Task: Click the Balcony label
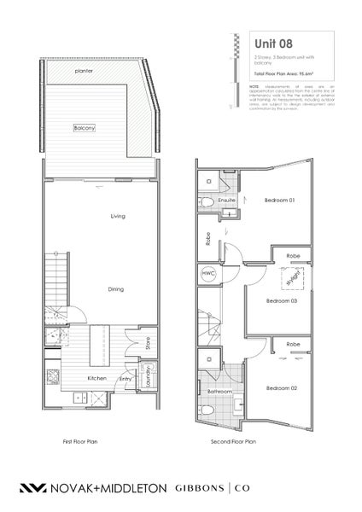point(84,127)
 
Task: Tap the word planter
point(83,71)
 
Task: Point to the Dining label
point(116,289)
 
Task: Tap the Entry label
point(126,378)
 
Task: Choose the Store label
point(147,345)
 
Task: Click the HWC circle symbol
point(208,273)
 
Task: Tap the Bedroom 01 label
point(279,200)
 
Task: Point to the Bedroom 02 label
point(281,387)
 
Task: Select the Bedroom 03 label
point(281,300)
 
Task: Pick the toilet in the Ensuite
point(208,201)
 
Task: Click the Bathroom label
point(219,391)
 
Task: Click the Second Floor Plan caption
point(233,442)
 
